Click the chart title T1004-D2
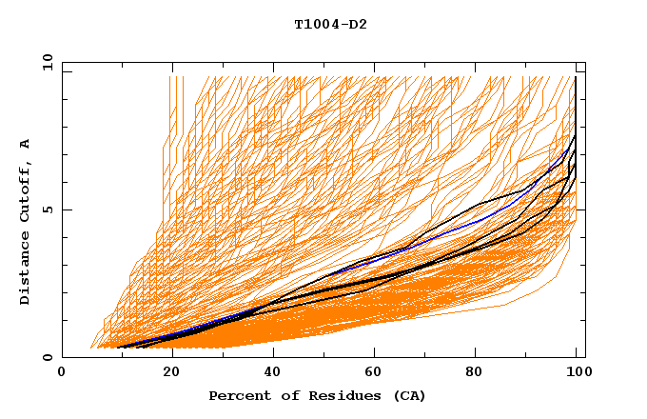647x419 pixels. [x=330, y=24]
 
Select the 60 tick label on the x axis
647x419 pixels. [x=371, y=373]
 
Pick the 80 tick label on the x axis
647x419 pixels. [x=474, y=373]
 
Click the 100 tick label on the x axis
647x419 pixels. [x=577, y=373]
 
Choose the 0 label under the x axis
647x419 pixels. [x=63, y=373]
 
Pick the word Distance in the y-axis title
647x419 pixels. [x=26, y=269]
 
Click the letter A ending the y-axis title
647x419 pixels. [x=26, y=144]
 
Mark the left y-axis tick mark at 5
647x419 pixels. [x=66, y=209]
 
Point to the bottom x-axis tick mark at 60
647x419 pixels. [x=371, y=354]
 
